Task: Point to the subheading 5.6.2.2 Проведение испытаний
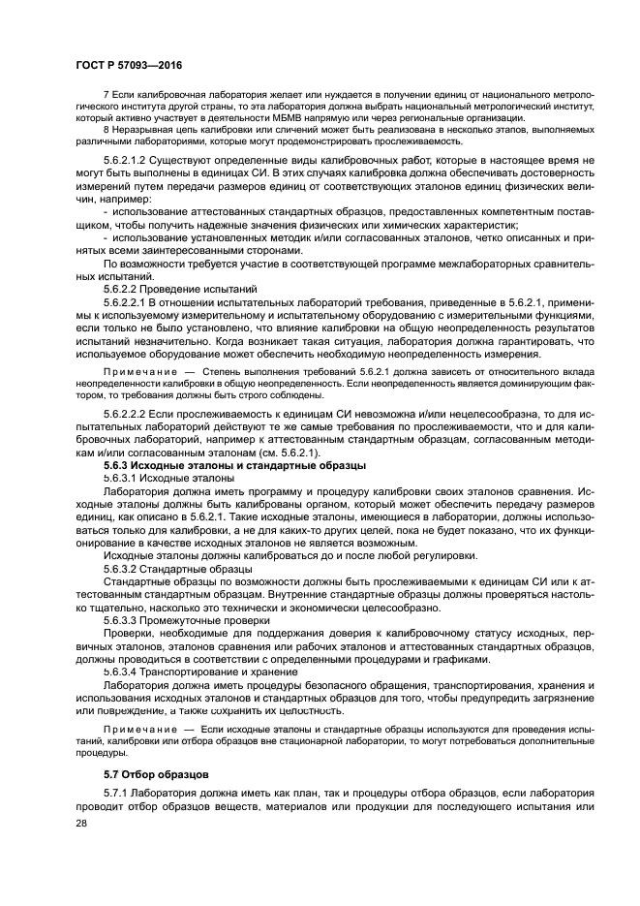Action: click(x=180, y=288)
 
